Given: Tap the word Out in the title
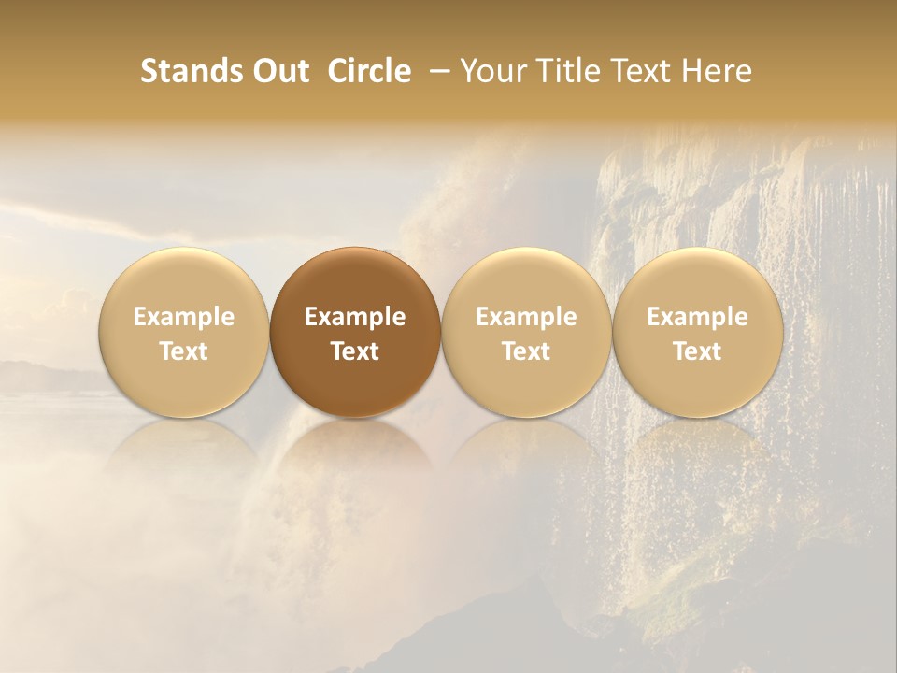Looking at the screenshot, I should click(278, 71).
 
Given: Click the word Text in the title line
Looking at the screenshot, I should click(640, 71).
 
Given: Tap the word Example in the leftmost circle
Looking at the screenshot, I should click(184, 317).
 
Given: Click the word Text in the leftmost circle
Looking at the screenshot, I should click(184, 351).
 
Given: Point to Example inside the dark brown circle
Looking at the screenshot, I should click(355, 317).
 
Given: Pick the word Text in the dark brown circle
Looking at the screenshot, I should click(355, 351).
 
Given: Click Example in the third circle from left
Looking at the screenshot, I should click(526, 317).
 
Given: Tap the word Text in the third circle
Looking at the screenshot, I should click(526, 351).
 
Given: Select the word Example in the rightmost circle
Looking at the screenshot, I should click(697, 317).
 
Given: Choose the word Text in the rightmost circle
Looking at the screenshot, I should click(697, 351).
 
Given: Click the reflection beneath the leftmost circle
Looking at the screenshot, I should click(184, 458).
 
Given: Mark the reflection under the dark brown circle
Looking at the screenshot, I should click(355, 458).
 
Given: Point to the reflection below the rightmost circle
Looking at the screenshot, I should click(697, 458).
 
